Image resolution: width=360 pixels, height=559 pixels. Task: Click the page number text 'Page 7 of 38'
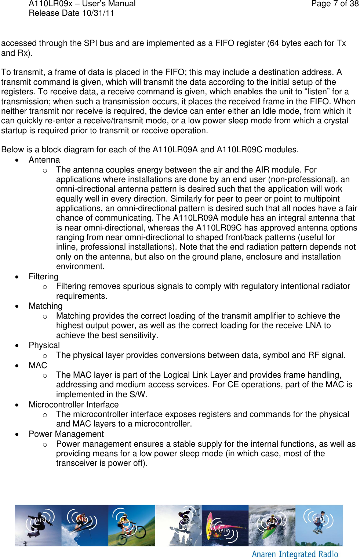pyautogui.click(x=335, y=4)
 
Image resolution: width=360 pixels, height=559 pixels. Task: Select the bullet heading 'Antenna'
pyautogui.click(x=44, y=160)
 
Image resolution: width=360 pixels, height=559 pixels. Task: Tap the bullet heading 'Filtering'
pyautogui.click(x=43, y=277)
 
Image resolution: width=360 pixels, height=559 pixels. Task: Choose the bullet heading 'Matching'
pyautogui.click(x=46, y=306)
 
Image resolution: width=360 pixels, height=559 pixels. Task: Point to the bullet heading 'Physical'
pyautogui.click(x=44, y=345)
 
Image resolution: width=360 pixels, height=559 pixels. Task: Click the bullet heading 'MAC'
pyautogui.click(x=38, y=366)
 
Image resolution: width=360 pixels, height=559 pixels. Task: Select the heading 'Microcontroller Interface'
pyautogui.click(x=73, y=405)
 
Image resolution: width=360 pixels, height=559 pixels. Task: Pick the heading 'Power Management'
pyautogui.click(x=66, y=434)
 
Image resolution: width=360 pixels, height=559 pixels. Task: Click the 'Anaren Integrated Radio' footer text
pyautogui.click(x=295, y=554)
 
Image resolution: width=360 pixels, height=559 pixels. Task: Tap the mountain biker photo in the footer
pyautogui.click(x=131, y=526)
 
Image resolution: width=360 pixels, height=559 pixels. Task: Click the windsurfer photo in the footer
pyautogui.click(x=225, y=526)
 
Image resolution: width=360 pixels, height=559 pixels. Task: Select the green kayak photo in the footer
pyautogui.click(x=272, y=526)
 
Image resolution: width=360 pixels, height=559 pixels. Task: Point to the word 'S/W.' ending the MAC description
pyautogui.click(x=138, y=395)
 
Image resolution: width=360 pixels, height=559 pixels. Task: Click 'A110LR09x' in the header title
pyautogui.click(x=51, y=4)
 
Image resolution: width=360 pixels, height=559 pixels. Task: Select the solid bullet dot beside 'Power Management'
pyautogui.click(x=17, y=435)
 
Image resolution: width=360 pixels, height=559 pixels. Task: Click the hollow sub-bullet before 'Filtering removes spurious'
pyautogui.click(x=45, y=287)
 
